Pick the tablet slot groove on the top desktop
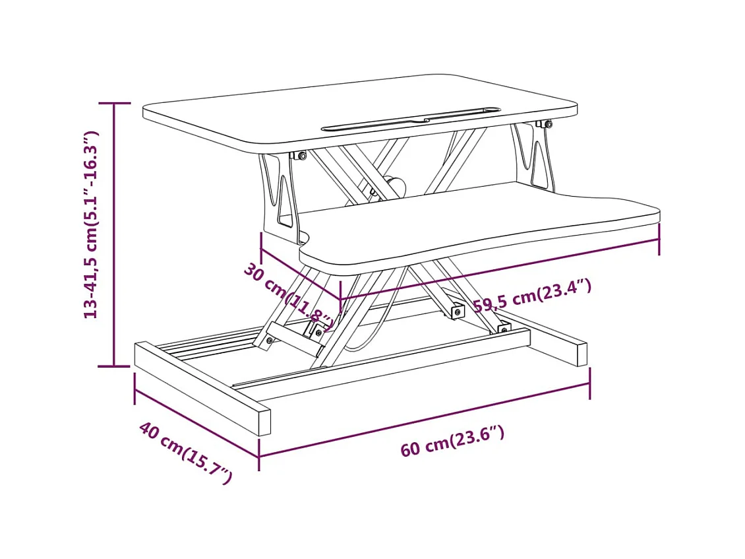tap(410, 117)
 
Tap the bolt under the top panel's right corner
tap(547, 123)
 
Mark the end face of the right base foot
tap(580, 354)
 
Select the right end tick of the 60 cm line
tap(589, 383)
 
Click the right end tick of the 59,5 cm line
tap(659, 239)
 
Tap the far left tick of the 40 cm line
tap(135, 388)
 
